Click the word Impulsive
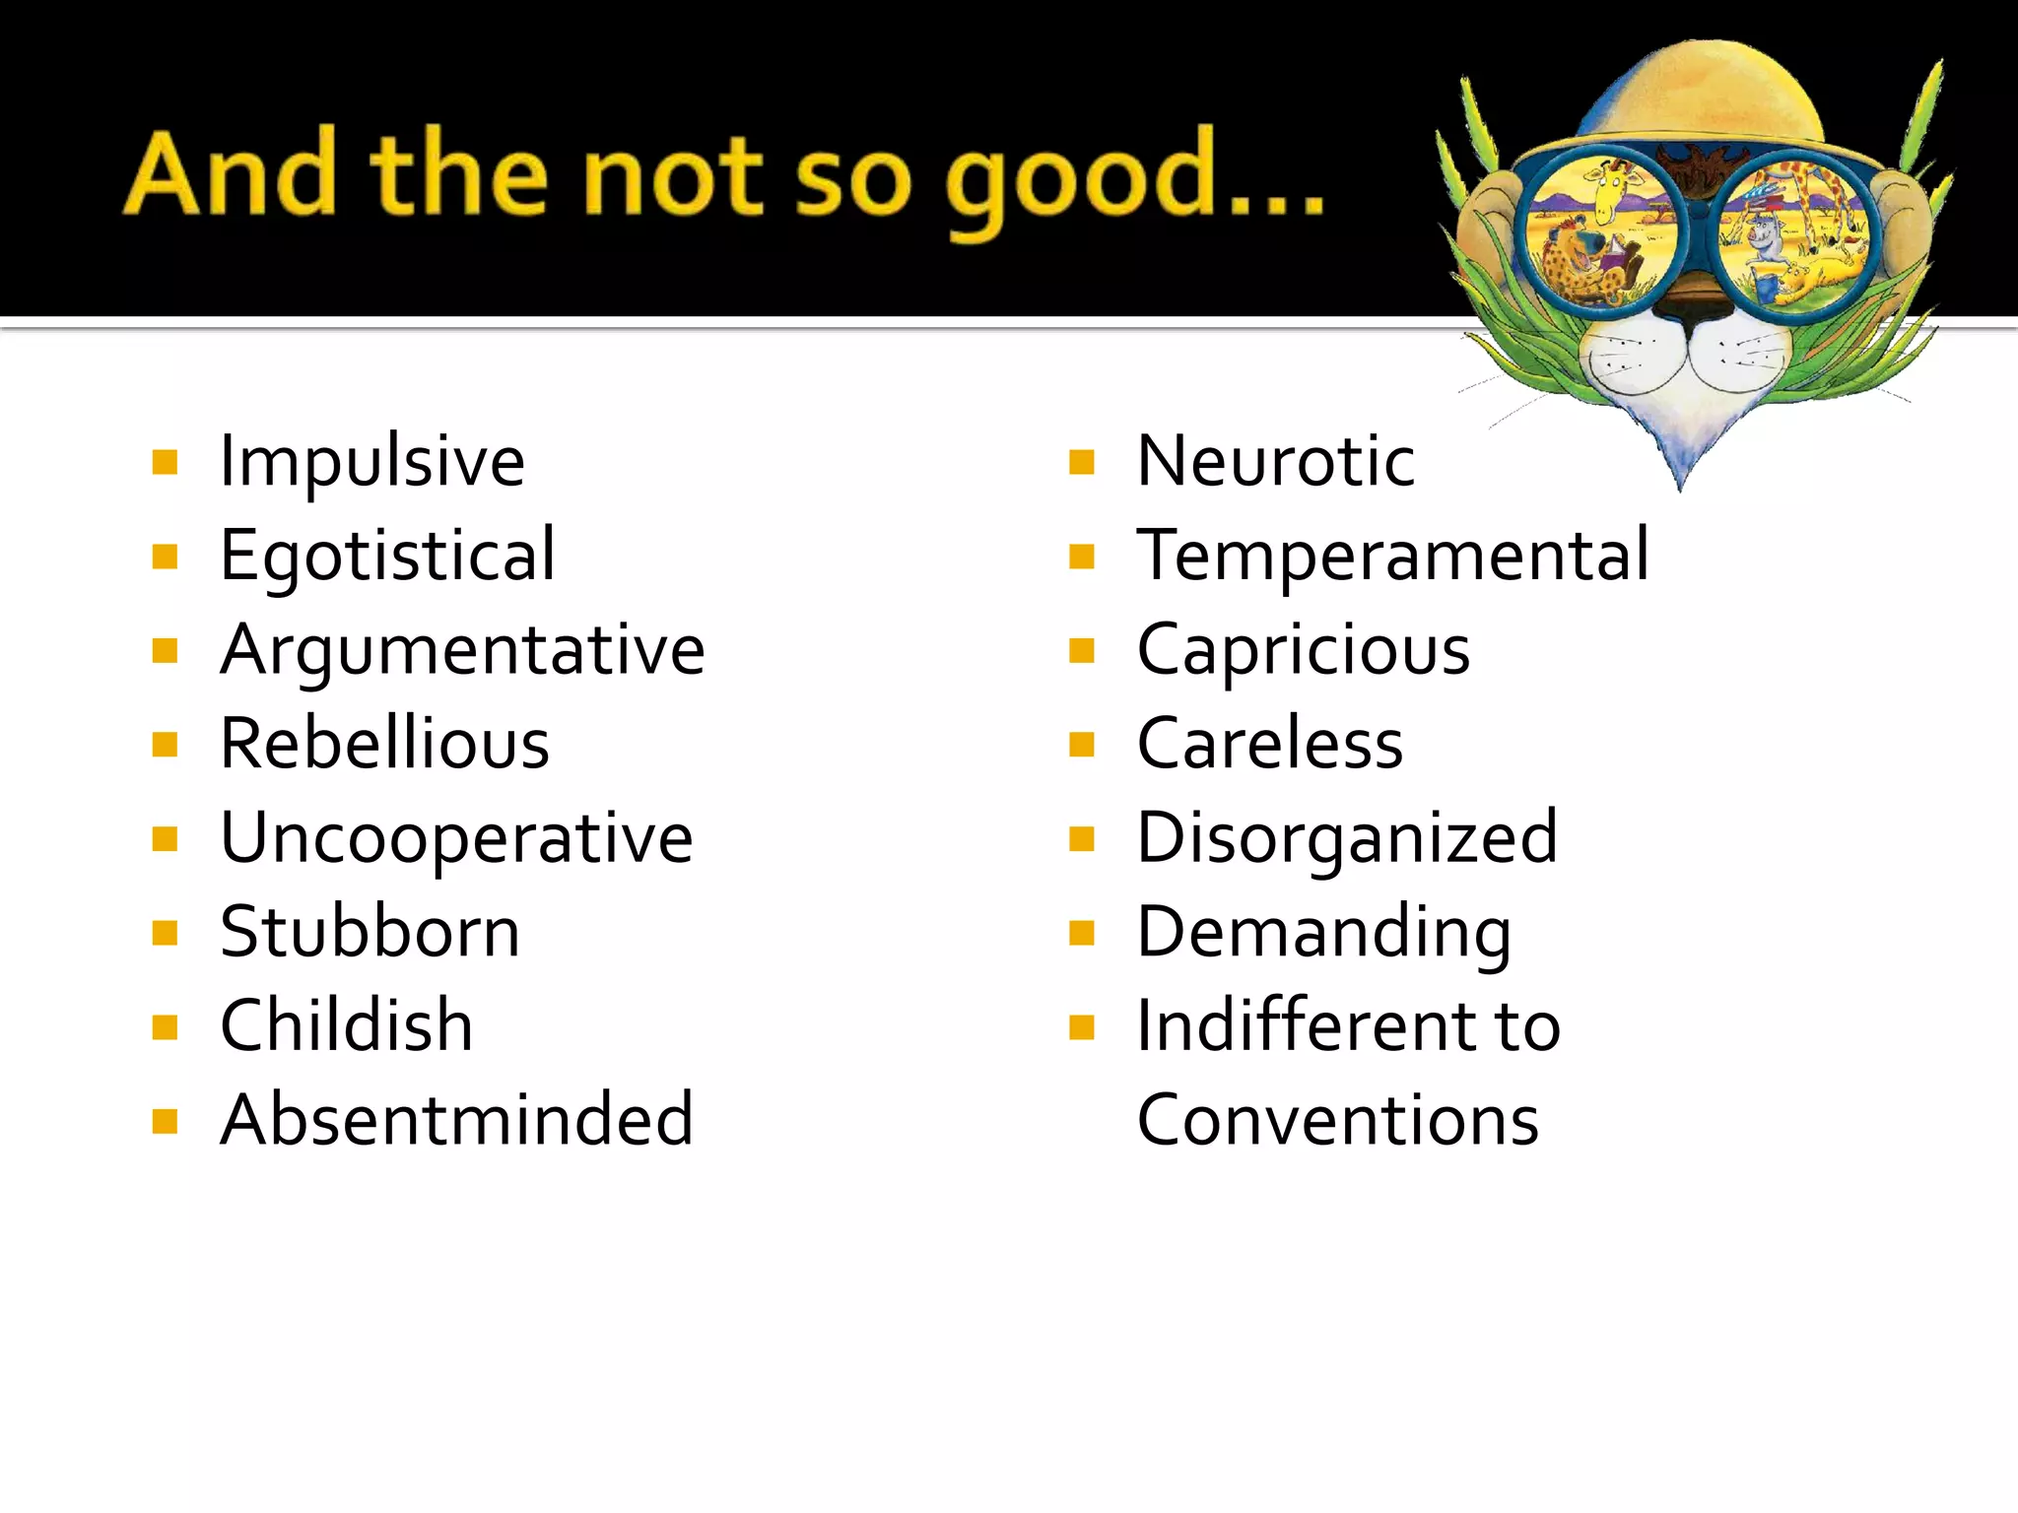click(371, 461)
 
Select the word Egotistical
click(387, 556)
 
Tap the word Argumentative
click(462, 650)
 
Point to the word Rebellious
click(384, 744)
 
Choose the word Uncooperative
click(456, 838)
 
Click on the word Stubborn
click(370, 932)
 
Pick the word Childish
click(346, 1025)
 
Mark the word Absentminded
click(457, 1120)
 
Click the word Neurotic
click(1275, 461)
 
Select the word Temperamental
click(1392, 556)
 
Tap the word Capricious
click(1303, 650)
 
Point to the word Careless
click(1269, 744)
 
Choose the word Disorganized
click(1347, 838)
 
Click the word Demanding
click(1323, 932)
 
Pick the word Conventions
click(1337, 1120)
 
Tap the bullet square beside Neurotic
click(1082, 462)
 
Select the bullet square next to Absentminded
click(165, 1121)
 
